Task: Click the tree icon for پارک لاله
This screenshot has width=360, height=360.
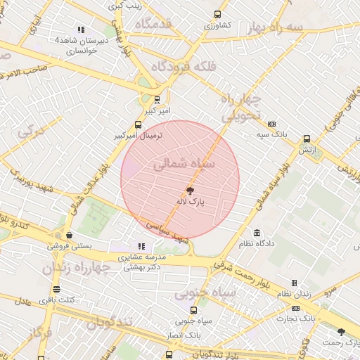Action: (190, 191)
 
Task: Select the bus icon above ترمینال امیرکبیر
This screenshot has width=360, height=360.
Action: (137, 124)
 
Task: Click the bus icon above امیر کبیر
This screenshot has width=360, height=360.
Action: (157, 99)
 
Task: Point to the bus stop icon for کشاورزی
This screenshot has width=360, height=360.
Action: (217, 14)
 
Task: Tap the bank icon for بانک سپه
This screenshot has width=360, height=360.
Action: (272, 123)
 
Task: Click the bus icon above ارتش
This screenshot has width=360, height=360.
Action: (307, 139)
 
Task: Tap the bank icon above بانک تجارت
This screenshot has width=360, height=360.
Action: (296, 308)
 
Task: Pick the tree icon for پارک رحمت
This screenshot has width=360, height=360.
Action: (342, 331)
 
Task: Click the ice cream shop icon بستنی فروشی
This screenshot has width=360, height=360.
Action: (69, 236)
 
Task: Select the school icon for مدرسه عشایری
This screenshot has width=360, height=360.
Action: (142, 247)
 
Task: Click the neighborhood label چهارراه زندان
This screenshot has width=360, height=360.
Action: (77, 268)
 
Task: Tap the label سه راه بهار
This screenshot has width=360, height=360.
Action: (275, 27)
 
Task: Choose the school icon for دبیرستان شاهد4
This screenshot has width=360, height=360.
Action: (82, 30)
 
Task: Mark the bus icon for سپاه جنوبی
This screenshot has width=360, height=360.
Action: (194, 309)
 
